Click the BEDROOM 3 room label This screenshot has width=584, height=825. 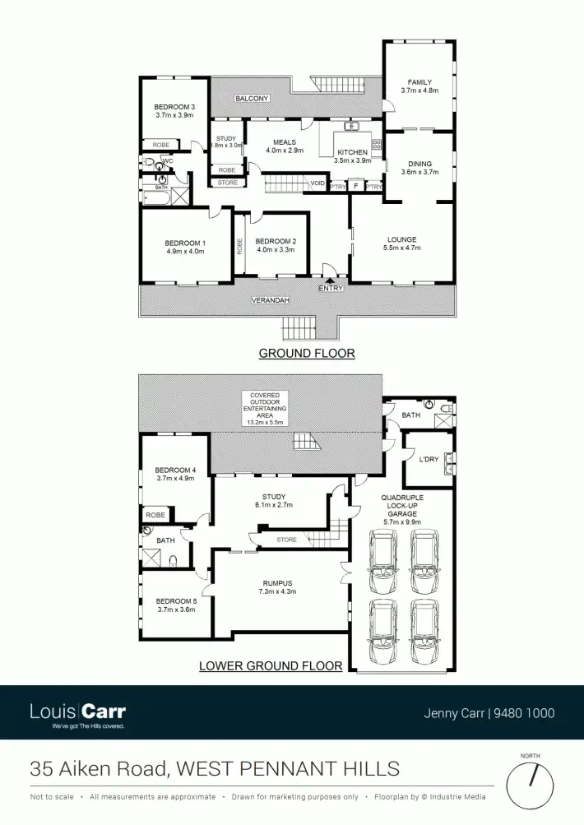174,107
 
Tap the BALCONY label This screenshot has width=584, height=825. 252,99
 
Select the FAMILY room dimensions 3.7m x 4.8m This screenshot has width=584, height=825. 419,91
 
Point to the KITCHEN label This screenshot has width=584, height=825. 353,152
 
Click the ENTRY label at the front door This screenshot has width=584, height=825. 330,289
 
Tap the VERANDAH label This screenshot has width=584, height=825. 271,301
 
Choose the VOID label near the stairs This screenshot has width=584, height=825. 317,183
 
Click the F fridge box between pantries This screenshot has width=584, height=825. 355,186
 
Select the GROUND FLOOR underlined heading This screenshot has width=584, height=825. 307,354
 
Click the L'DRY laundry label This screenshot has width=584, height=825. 429,459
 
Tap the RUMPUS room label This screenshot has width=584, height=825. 276,583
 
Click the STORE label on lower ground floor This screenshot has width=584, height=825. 286,540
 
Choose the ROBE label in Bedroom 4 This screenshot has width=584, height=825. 155,515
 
